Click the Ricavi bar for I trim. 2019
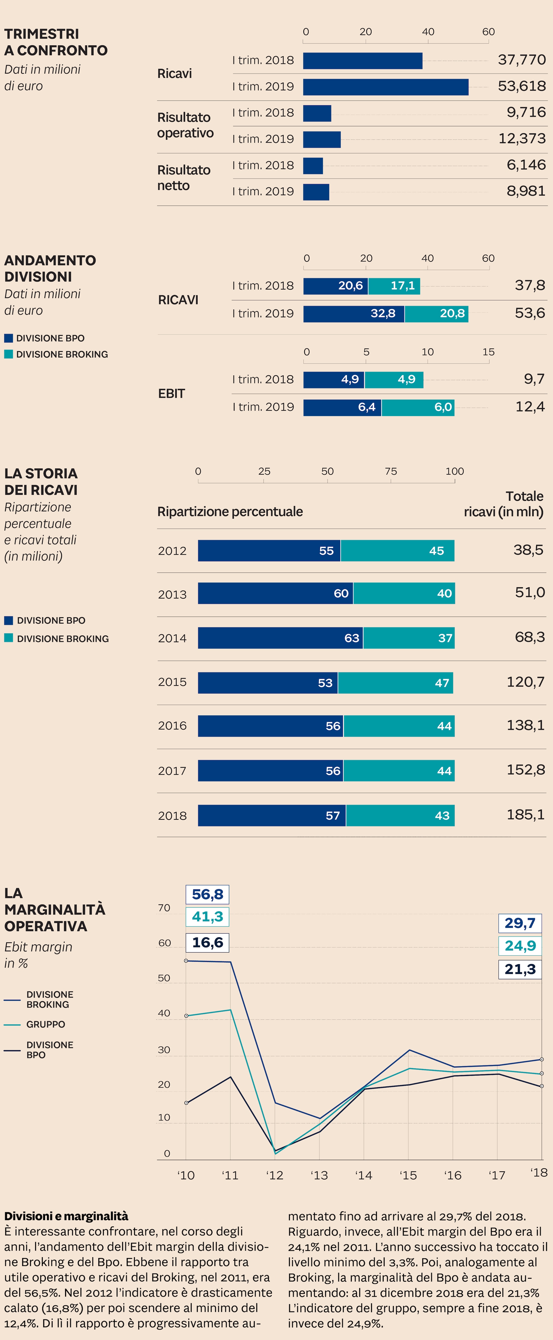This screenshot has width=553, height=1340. pyautogui.click(x=385, y=87)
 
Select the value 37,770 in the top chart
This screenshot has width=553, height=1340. pyautogui.click(x=521, y=60)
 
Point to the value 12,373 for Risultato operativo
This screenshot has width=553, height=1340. pyautogui.click(x=522, y=138)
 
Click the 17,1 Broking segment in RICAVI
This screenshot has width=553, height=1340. pyautogui.click(x=394, y=285)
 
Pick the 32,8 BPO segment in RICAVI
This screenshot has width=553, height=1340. pyautogui.click(x=354, y=314)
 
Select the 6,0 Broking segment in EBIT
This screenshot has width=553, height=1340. pyautogui.click(x=418, y=407)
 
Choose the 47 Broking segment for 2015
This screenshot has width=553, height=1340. pyautogui.click(x=396, y=682)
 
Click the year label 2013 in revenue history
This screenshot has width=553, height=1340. pyautogui.click(x=172, y=594)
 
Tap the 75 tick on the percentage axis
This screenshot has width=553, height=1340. pyautogui.click(x=390, y=471)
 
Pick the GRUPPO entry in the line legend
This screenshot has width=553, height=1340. pyautogui.click(x=45, y=1024)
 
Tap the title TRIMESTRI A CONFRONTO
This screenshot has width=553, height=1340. pyautogui.click(x=56, y=42)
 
